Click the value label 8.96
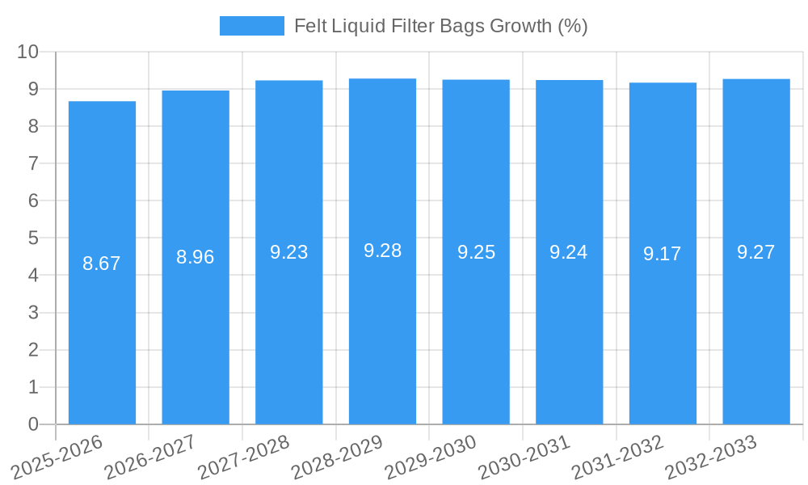pyautogui.click(x=196, y=257)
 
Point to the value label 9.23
pyautogui.click(x=289, y=252)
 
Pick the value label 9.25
pyautogui.click(x=476, y=252)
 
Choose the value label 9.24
pyautogui.click(x=569, y=252)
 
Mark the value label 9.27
pyautogui.click(x=756, y=252)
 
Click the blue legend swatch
pyautogui.click(x=252, y=26)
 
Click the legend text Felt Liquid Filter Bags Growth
pyautogui.click(x=440, y=26)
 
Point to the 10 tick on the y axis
pyautogui.click(x=28, y=52)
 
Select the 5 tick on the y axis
pyautogui.click(x=33, y=238)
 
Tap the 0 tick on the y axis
pyautogui.click(x=33, y=424)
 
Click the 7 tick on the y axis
pyautogui.click(x=33, y=163)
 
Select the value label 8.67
pyautogui.click(x=102, y=264)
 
